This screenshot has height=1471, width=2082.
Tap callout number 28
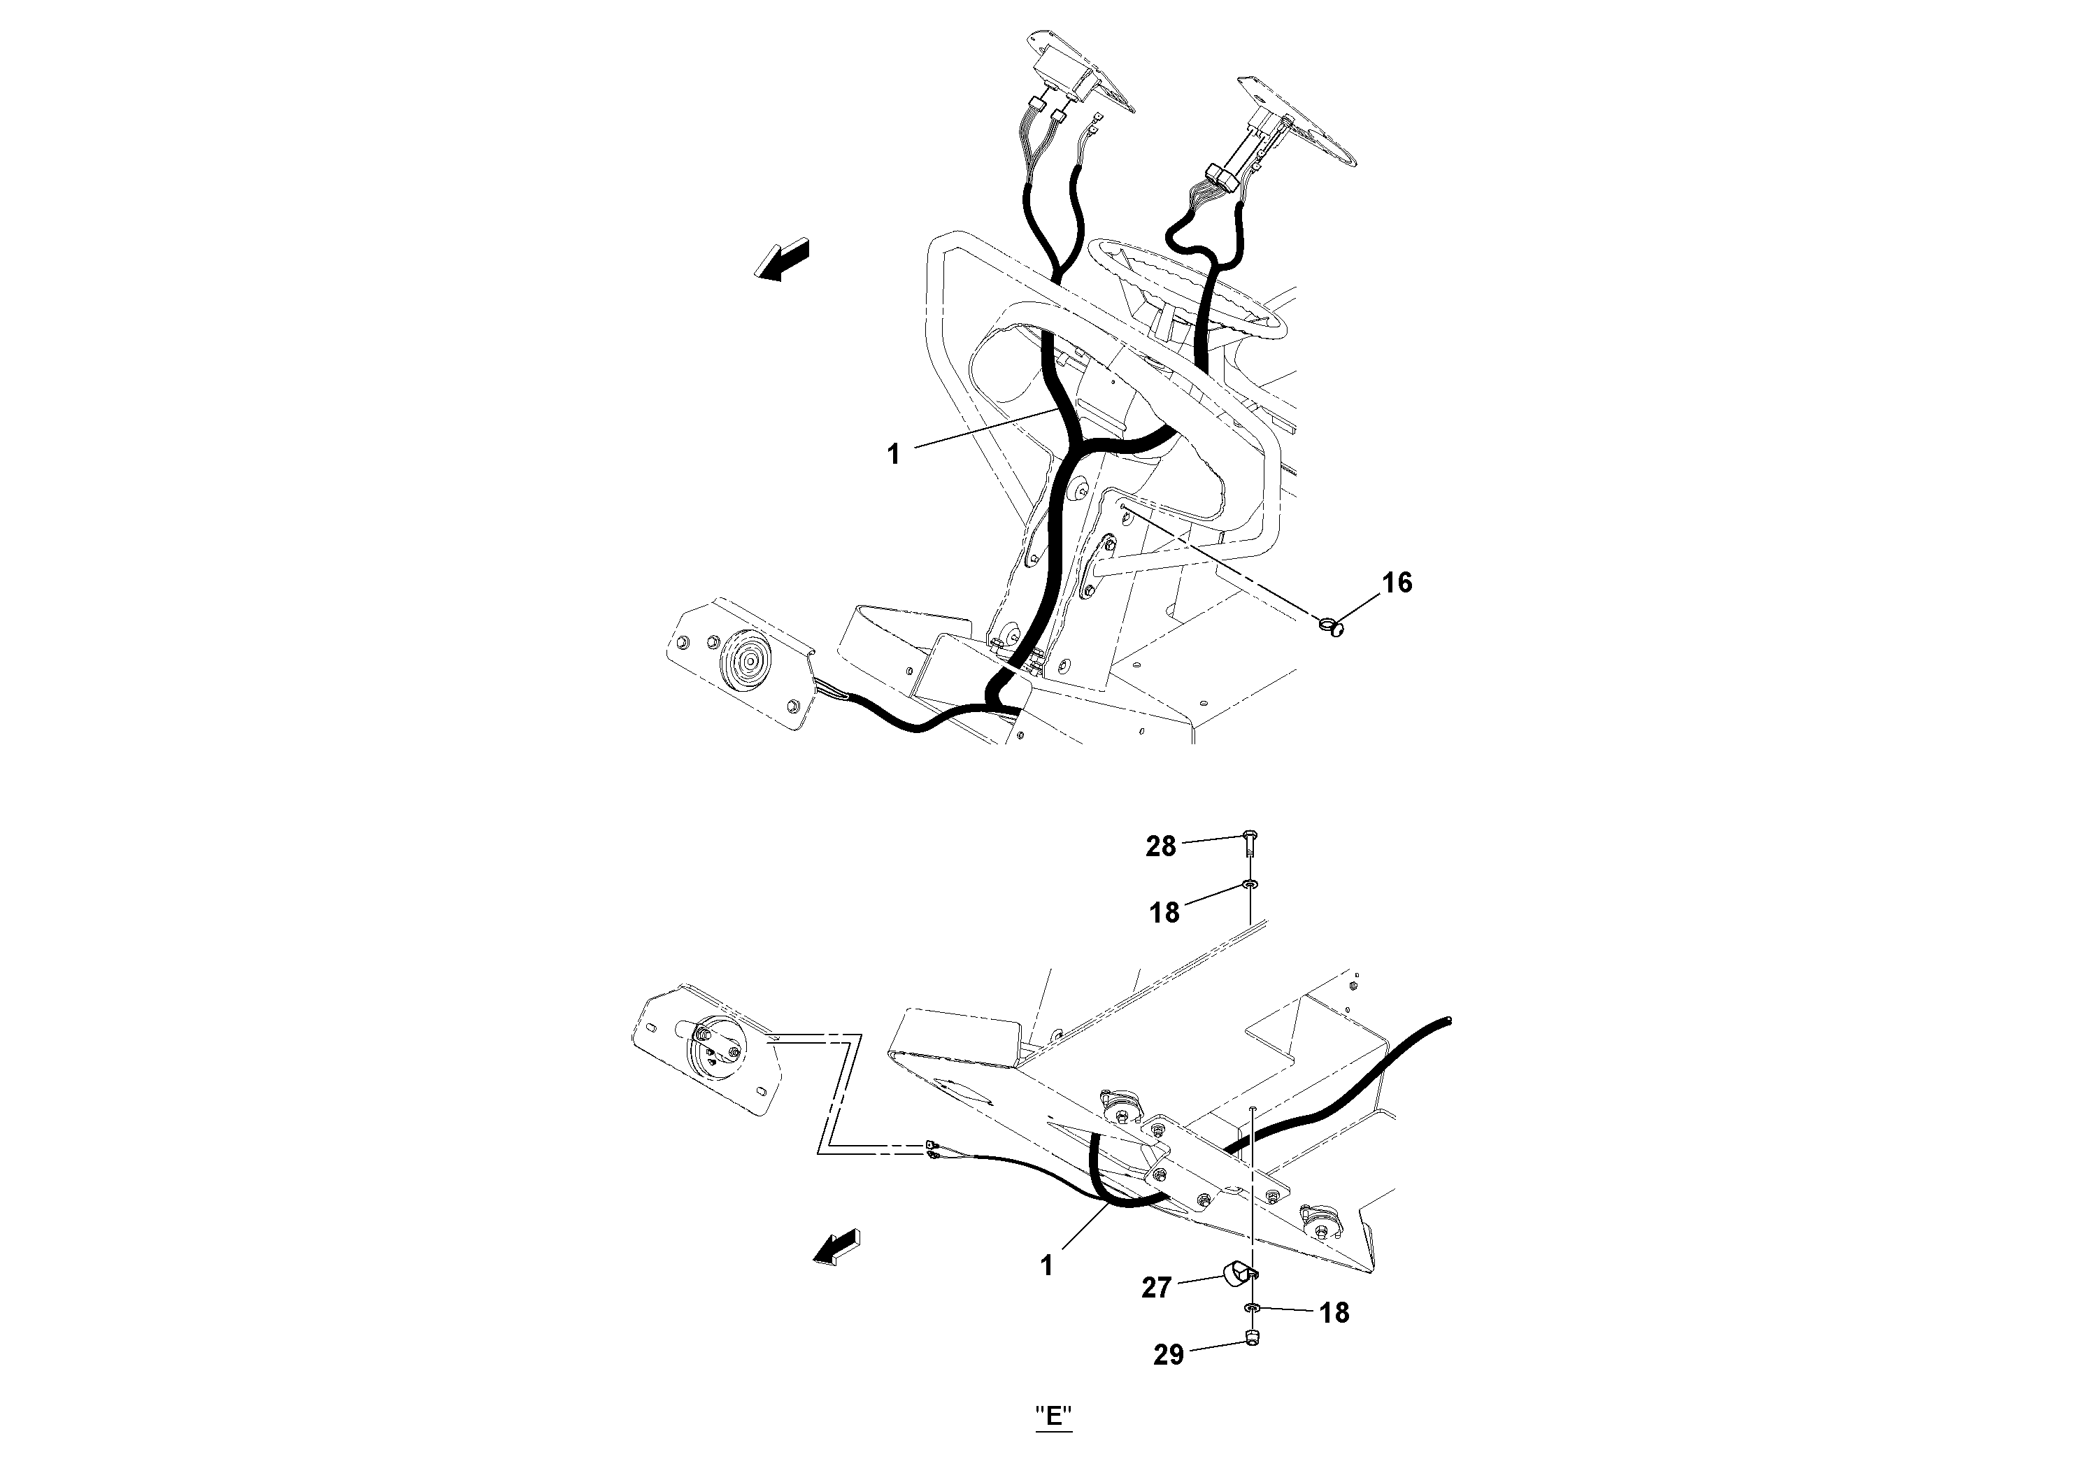(1161, 846)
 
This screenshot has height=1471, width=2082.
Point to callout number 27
(1156, 1288)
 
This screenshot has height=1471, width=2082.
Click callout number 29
(1169, 1355)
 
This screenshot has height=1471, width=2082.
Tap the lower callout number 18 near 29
(1334, 1312)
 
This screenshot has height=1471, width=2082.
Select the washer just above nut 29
(1251, 1307)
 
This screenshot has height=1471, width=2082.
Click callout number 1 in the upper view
(893, 453)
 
